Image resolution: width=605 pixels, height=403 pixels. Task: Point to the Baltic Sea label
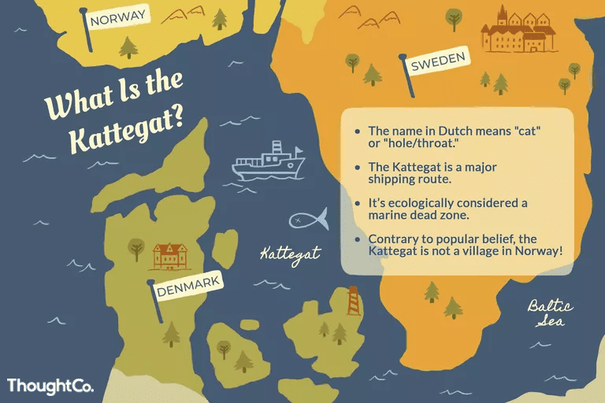pos(551,313)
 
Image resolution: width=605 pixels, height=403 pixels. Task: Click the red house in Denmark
pos(168,255)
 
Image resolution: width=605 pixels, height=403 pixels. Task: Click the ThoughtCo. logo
pos(50,386)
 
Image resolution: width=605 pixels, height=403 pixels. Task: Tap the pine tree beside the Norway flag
pos(128,47)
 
